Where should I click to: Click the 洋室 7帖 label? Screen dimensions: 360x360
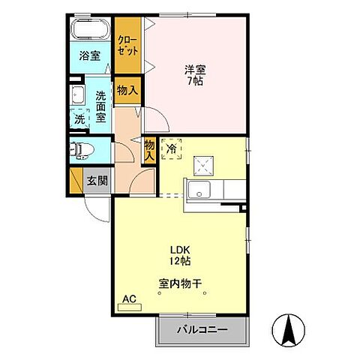(x=196, y=75)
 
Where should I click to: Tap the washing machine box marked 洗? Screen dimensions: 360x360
(x=79, y=118)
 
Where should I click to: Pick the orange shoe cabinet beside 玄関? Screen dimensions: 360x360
(x=74, y=181)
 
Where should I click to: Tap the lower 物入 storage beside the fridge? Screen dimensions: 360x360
(x=149, y=148)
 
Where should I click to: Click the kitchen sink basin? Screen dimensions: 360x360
(x=201, y=190)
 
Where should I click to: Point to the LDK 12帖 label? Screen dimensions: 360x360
(x=180, y=255)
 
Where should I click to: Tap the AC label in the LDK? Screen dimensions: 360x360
(x=130, y=298)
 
